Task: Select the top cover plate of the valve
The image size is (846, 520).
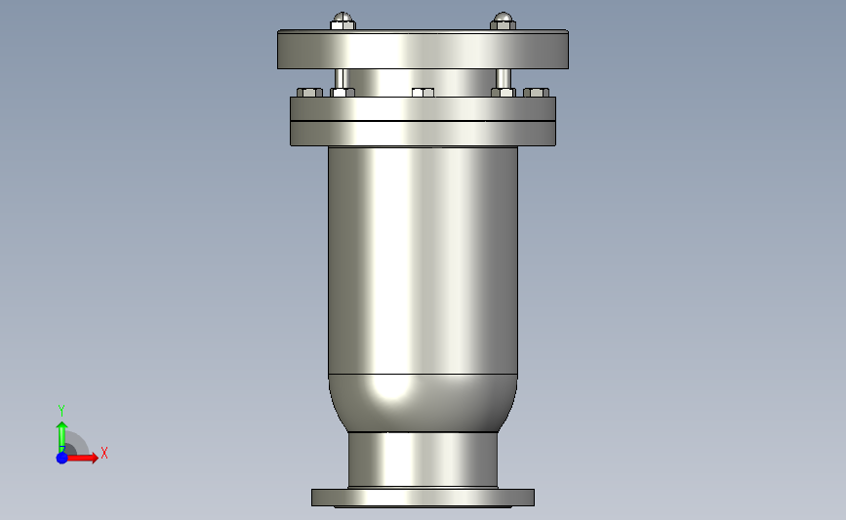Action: coord(423,50)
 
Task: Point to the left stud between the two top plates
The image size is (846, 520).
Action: coord(342,77)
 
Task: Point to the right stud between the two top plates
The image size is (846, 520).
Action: coord(504,77)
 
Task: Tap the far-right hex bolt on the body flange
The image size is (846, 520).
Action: coord(537,93)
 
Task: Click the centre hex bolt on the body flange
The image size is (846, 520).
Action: coord(423,93)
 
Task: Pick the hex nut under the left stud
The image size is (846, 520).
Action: coord(342,93)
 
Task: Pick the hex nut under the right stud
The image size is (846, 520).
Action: coord(504,93)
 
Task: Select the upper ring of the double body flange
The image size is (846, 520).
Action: coord(423,108)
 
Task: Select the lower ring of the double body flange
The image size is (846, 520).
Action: coord(423,133)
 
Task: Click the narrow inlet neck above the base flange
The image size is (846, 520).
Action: coord(423,459)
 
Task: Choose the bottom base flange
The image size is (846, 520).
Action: coord(423,498)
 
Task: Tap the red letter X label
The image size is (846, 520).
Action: coord(104,453)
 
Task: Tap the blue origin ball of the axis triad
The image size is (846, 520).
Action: coord(61,457)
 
